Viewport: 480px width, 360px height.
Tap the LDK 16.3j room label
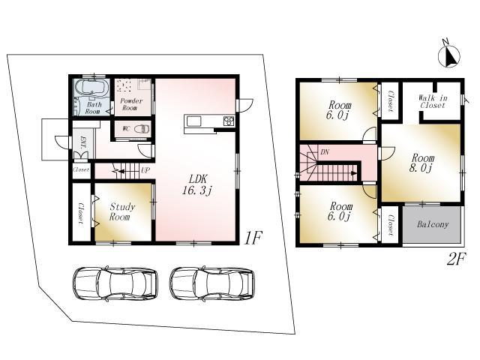197,184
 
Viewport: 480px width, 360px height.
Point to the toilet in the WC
140,128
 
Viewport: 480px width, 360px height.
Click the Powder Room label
132,105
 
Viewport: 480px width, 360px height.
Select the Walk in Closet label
432,101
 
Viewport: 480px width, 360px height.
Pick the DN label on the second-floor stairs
325,151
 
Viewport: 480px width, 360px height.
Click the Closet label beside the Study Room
80,213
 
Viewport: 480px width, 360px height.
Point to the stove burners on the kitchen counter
228,121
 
